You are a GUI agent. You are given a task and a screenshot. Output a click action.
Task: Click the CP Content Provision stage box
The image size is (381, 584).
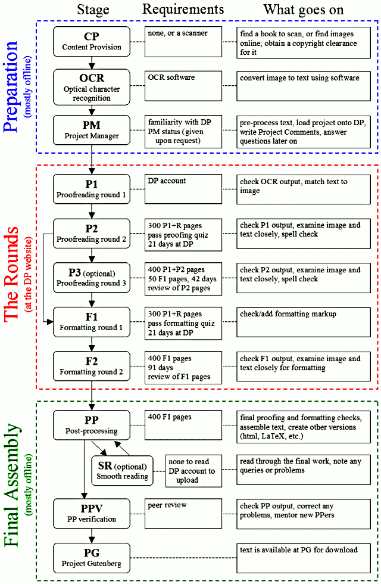coord(92,42)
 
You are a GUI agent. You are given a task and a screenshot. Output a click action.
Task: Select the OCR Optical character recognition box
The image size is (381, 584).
coord(92,87)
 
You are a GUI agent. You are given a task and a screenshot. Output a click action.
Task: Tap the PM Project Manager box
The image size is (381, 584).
coord(92,130)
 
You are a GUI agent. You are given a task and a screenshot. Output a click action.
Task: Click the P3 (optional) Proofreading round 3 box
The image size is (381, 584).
coord(92,278)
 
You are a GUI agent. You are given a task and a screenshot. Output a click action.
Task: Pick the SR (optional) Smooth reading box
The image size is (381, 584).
coord(123,471)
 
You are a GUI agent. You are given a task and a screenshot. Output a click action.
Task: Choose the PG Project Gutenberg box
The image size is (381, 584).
coord(92,558)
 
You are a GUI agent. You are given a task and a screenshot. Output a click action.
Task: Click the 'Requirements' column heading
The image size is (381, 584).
coord(183,10)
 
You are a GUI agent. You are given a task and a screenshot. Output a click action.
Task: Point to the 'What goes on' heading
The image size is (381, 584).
coord(304,10)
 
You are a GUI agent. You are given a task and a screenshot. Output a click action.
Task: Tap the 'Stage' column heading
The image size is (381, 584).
coord(93,10)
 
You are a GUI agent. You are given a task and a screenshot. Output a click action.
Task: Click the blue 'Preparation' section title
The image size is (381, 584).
coord(11,87)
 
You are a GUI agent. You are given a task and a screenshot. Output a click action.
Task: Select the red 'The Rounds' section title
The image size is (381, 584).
coord(11,274)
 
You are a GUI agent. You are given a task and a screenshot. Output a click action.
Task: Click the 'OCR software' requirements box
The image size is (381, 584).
coord(183,86)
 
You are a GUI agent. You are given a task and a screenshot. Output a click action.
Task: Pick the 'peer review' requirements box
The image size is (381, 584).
coord(183,514)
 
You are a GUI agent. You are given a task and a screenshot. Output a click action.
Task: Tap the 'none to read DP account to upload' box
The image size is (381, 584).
coord(193,471)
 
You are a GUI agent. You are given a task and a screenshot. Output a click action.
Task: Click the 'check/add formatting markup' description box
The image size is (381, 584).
coord(304,322)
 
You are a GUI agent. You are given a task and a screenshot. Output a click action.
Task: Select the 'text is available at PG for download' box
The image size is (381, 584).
coord(304,558)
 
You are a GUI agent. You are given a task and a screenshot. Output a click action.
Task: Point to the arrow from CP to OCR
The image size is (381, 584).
coord(92,63)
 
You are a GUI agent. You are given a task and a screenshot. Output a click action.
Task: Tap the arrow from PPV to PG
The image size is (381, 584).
coord(92,536)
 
